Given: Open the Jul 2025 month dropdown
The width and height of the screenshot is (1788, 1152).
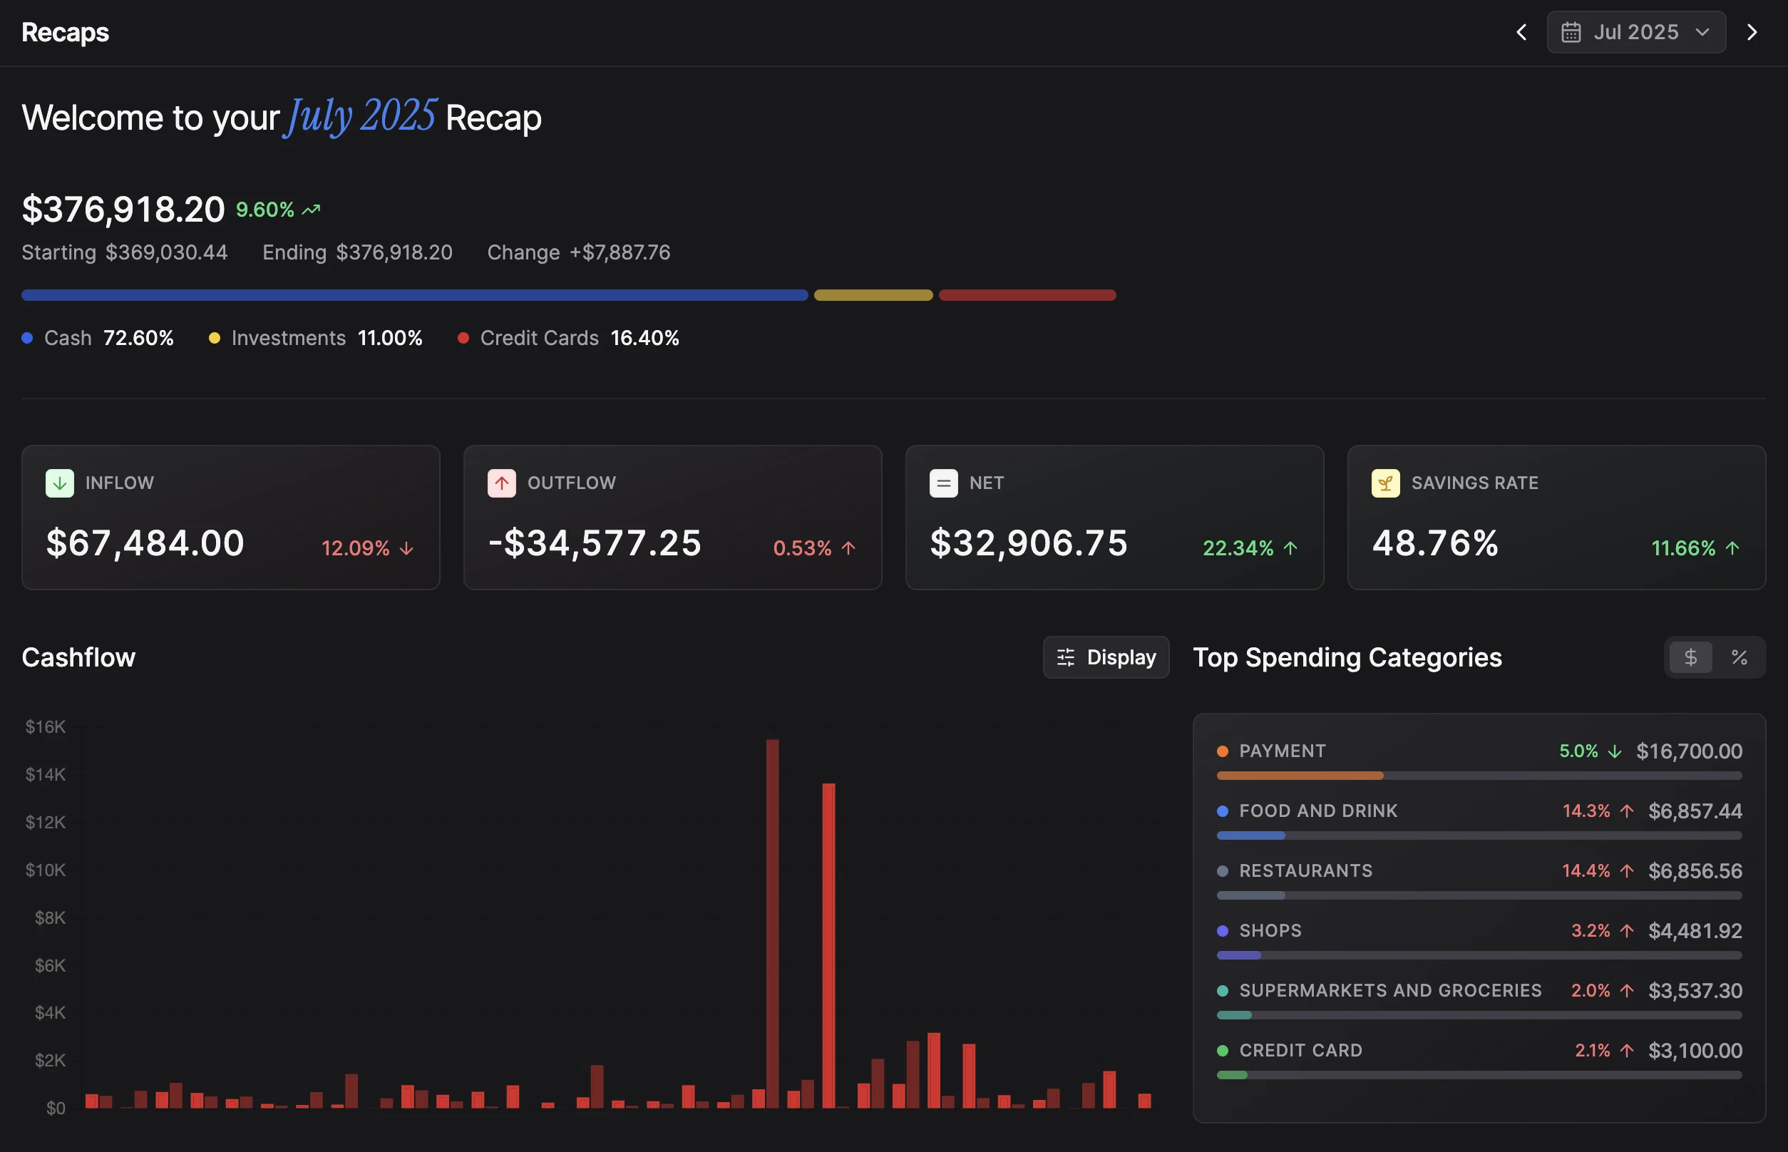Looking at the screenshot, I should pos(1635,32).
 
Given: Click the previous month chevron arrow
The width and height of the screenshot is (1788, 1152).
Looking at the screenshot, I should pos(1521,32).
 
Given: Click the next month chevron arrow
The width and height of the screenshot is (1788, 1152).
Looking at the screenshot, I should pos(1752,32).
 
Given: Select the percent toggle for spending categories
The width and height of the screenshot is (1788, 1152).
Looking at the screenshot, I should pos(1739,657).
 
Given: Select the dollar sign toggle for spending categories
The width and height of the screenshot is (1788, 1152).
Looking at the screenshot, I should pos(1690,657).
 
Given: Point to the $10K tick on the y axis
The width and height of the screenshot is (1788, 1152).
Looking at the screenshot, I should pos(46,870).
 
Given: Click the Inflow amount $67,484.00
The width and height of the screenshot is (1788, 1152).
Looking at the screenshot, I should pos(145,543).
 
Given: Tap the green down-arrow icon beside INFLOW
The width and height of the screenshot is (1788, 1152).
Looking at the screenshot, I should pos(60,483).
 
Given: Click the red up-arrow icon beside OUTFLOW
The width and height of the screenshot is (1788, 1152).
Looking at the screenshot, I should pos(501,483).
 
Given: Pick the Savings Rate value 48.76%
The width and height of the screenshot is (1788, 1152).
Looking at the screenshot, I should pos(1435,543).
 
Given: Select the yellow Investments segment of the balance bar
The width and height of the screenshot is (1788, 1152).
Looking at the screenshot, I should pos(873,295).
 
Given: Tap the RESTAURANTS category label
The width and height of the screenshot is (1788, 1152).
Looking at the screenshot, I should pos(1305,870).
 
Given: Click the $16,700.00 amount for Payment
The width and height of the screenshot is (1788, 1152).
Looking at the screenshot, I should pos(1688,751).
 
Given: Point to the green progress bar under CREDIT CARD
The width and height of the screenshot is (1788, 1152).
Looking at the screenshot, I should pos(1232,1075).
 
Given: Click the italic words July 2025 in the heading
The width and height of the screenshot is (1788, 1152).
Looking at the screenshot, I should pos(361,118).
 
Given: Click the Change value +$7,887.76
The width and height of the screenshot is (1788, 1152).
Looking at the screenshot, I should pos(620,253).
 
